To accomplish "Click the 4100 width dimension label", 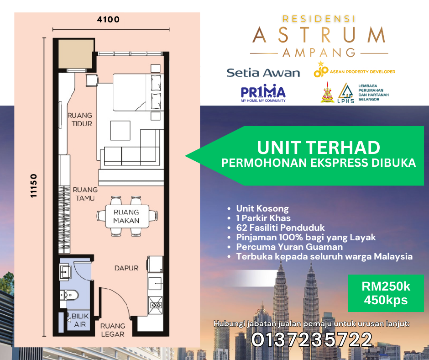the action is [108, 20].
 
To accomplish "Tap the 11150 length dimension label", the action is [33, 185].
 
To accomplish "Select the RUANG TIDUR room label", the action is [80, 119].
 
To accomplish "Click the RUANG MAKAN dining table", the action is [127, 217].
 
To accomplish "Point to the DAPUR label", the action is [126, 268].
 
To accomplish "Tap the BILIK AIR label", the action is [80, 320].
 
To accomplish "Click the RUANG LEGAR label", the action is [113, 330].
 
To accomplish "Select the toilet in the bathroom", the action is [69, 295].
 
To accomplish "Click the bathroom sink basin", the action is [65, 271].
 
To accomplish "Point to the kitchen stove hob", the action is [156, 305].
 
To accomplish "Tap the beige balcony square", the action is [76, 54].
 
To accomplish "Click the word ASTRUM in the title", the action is [319, 35].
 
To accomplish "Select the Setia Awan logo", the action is [263, 73].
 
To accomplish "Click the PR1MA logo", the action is [263, 93].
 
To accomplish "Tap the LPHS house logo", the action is [346, 93].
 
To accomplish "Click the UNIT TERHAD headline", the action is [319, 148].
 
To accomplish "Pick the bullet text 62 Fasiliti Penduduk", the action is [280, 228].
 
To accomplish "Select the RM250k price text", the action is [386, 286].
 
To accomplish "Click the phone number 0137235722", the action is [312, 340].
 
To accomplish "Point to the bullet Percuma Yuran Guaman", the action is [289, 247].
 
